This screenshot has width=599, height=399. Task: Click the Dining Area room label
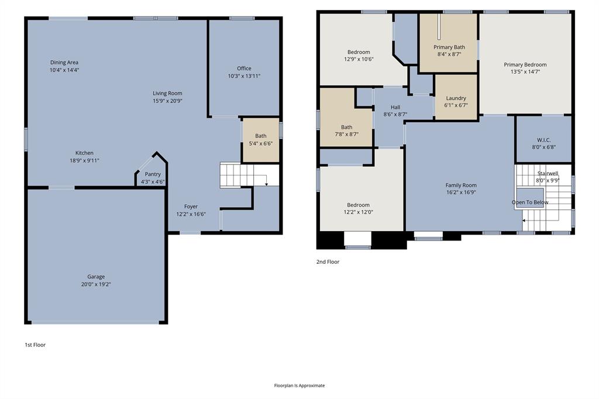pos(64,63)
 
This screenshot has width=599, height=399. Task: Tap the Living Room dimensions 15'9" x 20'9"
pos(168,101)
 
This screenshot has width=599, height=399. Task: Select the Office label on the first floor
pos(244,68)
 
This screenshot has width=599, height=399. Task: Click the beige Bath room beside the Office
pos(260,140)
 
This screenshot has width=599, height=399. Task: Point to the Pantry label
pos(153,174)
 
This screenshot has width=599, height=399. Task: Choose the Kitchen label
pos(84,153)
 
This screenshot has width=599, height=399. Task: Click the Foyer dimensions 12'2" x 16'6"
pos(191,215)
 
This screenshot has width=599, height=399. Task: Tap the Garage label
pos(97,277)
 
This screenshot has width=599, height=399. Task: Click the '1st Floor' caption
pos(35,345)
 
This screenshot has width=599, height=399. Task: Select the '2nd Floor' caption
pos(328,262)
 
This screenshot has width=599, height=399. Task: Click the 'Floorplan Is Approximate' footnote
pos(299,386)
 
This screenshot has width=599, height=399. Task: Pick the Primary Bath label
pos(449,47)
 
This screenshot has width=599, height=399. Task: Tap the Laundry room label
pos(456,98)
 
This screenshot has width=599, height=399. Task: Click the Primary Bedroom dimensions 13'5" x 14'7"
pos(525,72)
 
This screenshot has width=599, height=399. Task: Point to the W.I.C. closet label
pos(543,140)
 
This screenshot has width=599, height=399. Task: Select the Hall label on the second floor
pos(395,107)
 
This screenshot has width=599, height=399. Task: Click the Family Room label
pos(461,185)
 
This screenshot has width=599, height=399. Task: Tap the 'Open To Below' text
pos(530,202)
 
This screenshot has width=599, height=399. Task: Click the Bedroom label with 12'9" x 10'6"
pos(359,52)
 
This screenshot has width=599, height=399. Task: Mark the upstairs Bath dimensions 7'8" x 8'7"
pos(347,135)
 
